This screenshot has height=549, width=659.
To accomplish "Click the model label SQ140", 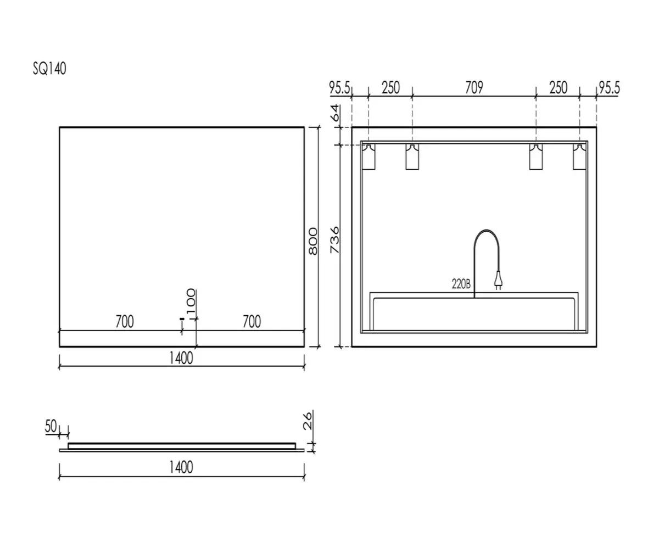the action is pos(49,69).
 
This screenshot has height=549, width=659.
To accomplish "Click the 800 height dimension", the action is pos(313,242).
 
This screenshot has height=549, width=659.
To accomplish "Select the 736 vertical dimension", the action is pos(334,240).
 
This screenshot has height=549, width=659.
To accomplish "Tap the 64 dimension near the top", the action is pos(334,113).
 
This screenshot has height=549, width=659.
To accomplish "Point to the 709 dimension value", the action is pos(474,88).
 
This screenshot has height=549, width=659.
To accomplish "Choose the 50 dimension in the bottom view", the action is pos(51,426).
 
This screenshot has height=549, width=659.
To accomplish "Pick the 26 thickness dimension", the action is pos(308,421).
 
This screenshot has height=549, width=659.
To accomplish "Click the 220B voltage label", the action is pos(461,284).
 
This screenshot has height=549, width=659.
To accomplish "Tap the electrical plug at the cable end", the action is pos(498,280).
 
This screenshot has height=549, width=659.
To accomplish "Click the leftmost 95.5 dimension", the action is pos(339,88).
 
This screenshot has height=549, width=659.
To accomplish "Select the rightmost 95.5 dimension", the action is pos(610,88).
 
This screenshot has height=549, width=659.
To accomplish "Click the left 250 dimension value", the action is pos(390,88).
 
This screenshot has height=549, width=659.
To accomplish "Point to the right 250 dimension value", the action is pos(559,88).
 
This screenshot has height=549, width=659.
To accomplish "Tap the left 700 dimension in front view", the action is pos(125,322).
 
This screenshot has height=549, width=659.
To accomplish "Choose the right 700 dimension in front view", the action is pos(252,322).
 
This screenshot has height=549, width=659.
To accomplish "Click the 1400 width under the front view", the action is pos(181,358).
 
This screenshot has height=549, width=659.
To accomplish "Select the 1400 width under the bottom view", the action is pos(181,467).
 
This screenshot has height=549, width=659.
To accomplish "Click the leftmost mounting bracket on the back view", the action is pos(368,157).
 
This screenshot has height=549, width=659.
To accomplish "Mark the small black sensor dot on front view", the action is pos(181,319).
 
